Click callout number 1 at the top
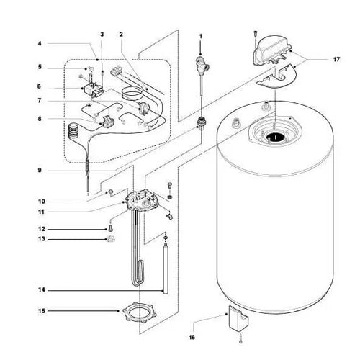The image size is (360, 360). (x=201, y=35)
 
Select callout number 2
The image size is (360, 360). (x=122, y=34)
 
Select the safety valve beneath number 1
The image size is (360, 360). (x=201, y=68)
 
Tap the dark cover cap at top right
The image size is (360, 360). (x=274, y=50)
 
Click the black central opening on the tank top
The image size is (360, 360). (x=274, y=137)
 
